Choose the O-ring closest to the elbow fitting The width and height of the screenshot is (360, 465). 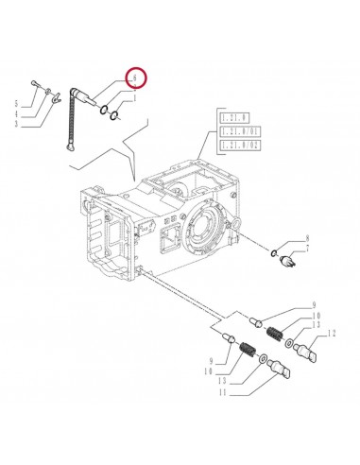103,110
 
